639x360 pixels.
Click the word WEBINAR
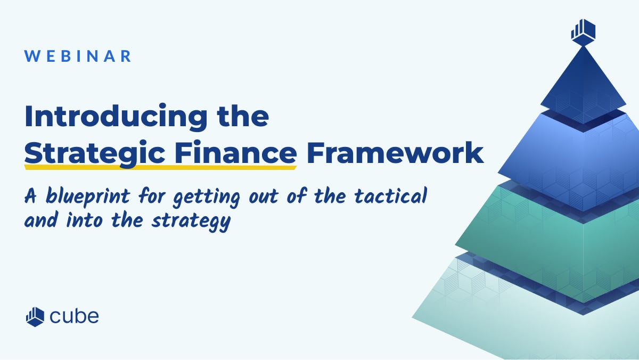pyautogui.click(x=78, y=56)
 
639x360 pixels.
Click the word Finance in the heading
pyautogui.click(x=235, y=153)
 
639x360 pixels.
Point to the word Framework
pyautogui.click(x=395, y=153)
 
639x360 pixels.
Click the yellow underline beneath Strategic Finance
pyautogui.click(x=161, y=167)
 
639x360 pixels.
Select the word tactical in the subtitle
pyautogui.click(x=390, y=196)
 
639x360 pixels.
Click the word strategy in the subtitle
pyautogui.click(x=191, y=222)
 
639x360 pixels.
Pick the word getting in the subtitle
pyautogui.click(x=207, y=198)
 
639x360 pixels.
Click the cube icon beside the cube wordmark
pyautogui.click(x=35, y=317)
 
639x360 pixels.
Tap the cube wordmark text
pyautogui.click(x=75, y=316)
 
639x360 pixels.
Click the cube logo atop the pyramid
pyautogui.click(x=583, y=32)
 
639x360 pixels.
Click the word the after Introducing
pyautogui.click(x=243, y=116)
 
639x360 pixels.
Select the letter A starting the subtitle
pyautogui.click(x=30, y=196)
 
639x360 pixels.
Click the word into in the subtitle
pyautogui.click(x=84, y=220)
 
